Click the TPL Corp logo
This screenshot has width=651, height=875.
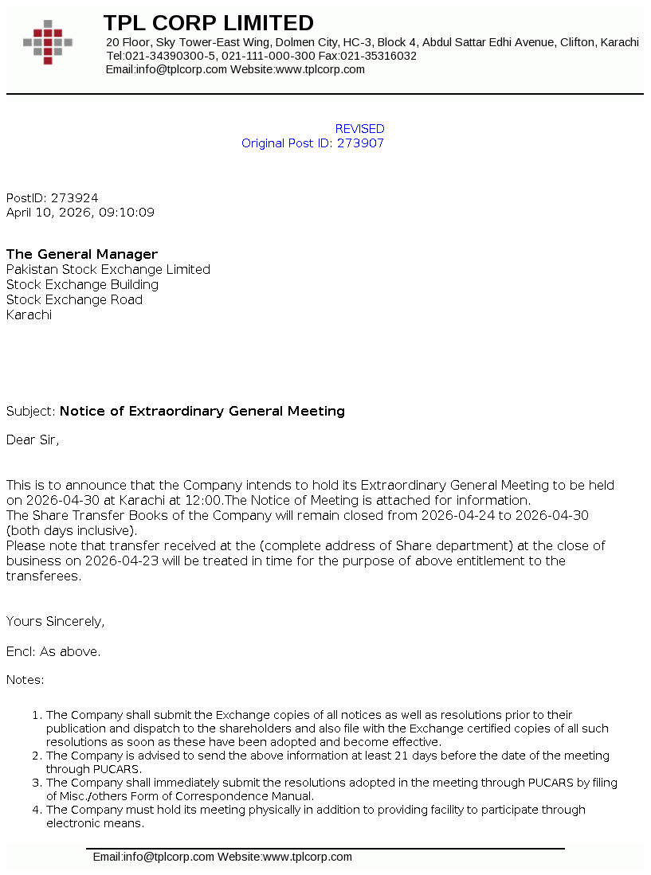[x=48, y=42]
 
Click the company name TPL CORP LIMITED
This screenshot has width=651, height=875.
[x=208, y=23]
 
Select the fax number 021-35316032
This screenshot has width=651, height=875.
[x=378, y=56]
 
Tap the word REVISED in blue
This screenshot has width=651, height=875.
[x=359, y=129]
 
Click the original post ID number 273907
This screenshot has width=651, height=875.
[x=360, y=143]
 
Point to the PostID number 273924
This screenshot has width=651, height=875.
[x=75, y=198]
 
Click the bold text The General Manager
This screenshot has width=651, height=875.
[x=82, y=255]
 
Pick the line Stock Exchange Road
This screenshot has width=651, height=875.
[x=74, y=300]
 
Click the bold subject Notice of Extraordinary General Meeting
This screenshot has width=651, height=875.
[x=202, y=412]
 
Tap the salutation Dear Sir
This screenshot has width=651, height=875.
[x=32, y=439]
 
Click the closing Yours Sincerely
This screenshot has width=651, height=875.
[x=55, y=622]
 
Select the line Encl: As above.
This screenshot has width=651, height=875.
[x=53, y=652]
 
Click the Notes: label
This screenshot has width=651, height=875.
[x=25, y=680]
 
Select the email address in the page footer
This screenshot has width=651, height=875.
[x=154, y=857]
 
